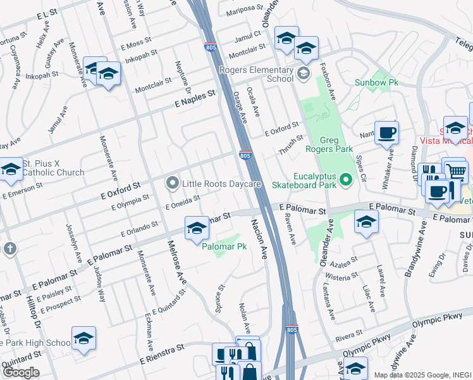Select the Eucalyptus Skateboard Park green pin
pyautogui.click(x=345, y=180)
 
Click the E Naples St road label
pyautogui.click(x=195, y=98)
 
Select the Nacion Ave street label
pyautogui.click(x=260, y=239)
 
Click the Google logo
pyautogui.click(x=21, y=372)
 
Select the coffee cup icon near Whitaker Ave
pyautogui.click(x=386, y=133)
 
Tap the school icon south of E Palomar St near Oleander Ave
pyautogui.click(x=365, y=222)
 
